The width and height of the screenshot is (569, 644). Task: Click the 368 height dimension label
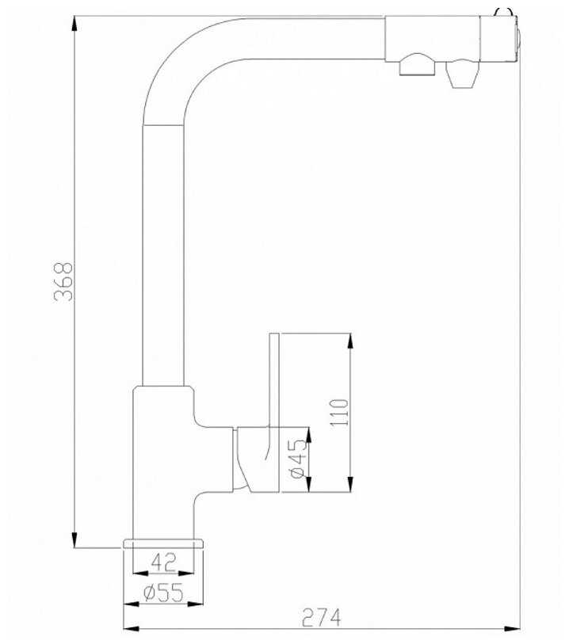[x=63, y=282]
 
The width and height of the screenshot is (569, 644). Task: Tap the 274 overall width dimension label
[x=321, y=617]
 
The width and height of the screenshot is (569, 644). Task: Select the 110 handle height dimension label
[x=339, y=413]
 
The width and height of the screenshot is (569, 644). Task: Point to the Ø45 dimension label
[x=299, y=459]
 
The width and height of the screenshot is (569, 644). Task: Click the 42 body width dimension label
[x=163, y=562]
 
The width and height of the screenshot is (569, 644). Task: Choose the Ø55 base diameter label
[x=163, y=593]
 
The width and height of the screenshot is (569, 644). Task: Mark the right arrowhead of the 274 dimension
[x=512, y=628]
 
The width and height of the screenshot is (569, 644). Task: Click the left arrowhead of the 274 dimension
[x=132, y=628]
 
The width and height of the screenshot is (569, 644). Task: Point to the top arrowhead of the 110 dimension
[x=350, y=341]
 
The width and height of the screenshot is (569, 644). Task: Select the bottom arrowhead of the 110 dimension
[x=350, y=484]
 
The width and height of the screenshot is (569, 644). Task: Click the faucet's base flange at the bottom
[x=163, y=543]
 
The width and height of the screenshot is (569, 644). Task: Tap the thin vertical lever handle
[x=274, y=380]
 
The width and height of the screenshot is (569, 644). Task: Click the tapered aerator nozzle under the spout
[x=463, y=74]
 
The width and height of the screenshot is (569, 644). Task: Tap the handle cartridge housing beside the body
[x=257, y=459]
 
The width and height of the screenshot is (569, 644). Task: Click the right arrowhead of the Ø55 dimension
[x=196, y=604]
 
